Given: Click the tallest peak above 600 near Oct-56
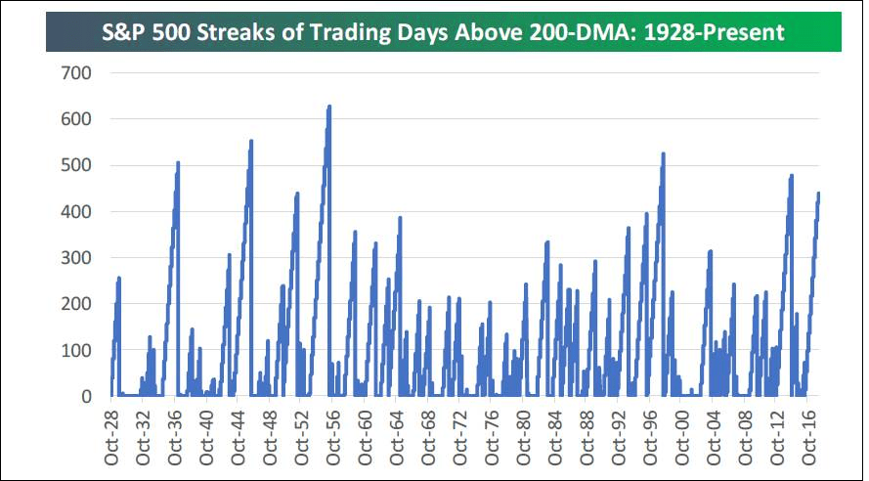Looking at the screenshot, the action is [329, 106].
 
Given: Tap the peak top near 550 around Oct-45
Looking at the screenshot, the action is [251, 141].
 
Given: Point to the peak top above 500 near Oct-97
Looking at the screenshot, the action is [663, 153].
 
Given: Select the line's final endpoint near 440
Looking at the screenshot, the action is [818, 193].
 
